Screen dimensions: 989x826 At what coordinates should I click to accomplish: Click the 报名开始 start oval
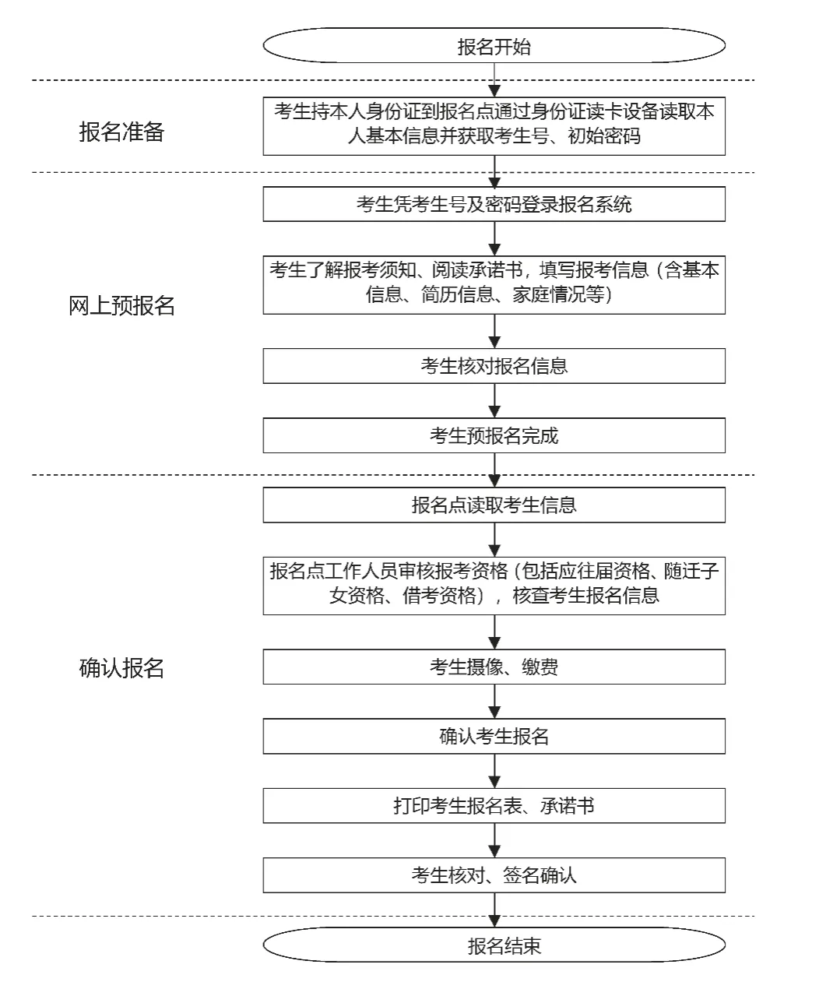[494, 47]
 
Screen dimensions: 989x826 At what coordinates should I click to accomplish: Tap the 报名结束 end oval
[494, 945]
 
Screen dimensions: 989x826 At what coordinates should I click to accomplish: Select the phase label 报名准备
[121, 132]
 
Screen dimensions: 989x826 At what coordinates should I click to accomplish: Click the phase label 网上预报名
[121, 306]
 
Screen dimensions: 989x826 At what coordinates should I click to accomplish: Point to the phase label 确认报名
[121, 668]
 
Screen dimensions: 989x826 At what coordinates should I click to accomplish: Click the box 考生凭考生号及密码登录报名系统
[494, 205]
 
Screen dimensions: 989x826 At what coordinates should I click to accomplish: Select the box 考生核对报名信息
[494, 366]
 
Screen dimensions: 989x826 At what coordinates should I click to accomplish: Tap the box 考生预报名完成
[494, 435]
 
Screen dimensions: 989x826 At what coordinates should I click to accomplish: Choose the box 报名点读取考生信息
[494, 505]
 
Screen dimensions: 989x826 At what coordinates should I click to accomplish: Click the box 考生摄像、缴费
[494, 667]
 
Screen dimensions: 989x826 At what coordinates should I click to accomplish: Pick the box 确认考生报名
[494, 736]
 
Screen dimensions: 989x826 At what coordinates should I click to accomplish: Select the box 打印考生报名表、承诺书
[494, 805]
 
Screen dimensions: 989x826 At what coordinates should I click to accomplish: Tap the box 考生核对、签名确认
[494, 875]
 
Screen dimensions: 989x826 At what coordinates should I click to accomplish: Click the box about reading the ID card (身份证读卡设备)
[494, 125]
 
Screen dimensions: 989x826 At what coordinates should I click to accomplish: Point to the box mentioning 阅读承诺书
[494, 283]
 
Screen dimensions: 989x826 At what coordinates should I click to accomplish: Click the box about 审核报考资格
[494, 583]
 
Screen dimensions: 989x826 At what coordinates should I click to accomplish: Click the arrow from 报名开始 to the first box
[494, 80]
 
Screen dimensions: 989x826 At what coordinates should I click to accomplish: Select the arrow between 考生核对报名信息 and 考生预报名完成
[494, 400]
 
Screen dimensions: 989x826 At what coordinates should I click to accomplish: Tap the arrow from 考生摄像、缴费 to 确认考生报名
[494, 702]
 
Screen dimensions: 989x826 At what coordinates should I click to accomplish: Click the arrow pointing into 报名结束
[494, 910]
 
